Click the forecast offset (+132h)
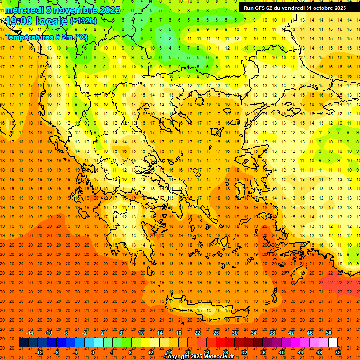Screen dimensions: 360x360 83,21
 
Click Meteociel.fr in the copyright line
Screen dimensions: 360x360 218,357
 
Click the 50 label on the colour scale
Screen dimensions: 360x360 328,332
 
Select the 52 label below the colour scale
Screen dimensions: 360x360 337,352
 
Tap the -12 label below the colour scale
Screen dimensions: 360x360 39,352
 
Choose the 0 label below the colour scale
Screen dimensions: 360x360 93,352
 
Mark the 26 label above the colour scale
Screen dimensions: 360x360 216,332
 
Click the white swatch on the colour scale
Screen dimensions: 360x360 333,342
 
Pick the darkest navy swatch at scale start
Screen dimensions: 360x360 23,342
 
